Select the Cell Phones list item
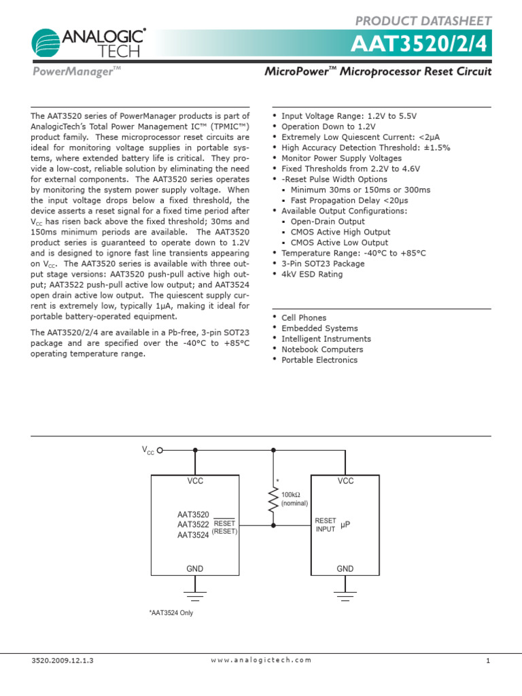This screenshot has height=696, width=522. pos(303,317)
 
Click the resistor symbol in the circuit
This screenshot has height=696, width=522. pos(273,502)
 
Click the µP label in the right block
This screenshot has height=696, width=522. pos(345,525)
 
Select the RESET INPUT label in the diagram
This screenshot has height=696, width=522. pos(326,525)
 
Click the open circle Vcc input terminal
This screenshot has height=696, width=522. pos(160,449)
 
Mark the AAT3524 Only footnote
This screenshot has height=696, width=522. pos(171,613)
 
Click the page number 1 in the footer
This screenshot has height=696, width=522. pos(488,660)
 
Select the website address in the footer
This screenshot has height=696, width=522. pos(261,660)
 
